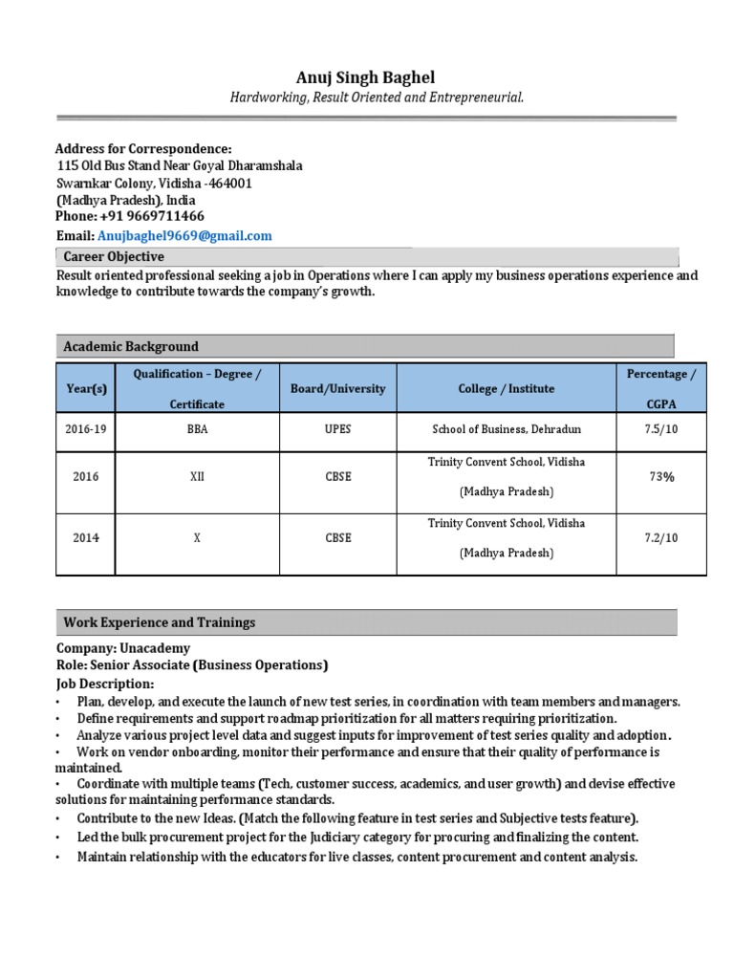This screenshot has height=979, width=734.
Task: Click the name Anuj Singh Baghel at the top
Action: click(x=367, y=77)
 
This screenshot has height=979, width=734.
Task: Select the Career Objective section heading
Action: click(x=114, y=256)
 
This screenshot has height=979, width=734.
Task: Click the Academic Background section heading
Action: click(x=131, y=346)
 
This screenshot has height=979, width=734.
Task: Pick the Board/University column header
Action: click(x=337, y=389)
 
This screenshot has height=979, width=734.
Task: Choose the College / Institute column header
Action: click(x=506, y=389)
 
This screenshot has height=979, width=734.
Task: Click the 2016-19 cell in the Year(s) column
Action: click(x=86, y=429)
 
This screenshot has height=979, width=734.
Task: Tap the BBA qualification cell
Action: click(x=197, y=429)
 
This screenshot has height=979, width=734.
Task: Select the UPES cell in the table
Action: click(x=337, y=429)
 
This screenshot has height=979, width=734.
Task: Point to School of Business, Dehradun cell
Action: click(x=506, y=429)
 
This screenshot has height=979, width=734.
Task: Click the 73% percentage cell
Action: click(x=660, y=476)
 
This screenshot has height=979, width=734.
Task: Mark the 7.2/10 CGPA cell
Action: click(x=660, y=538)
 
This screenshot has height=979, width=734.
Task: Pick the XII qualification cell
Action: click(x=197, y=476)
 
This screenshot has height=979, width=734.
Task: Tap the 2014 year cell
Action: click(x=86, y=538)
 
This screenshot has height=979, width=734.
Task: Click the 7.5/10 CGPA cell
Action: click(x=660, y=429)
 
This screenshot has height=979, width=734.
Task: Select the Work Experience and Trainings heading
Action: click(x=160, y=622)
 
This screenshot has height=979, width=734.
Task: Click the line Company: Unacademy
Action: click(x=123, y=647)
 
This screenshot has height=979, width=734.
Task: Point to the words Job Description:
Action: click(x=104, y=684)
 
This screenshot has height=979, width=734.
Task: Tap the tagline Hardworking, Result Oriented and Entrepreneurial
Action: click(x=377, y=98)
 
